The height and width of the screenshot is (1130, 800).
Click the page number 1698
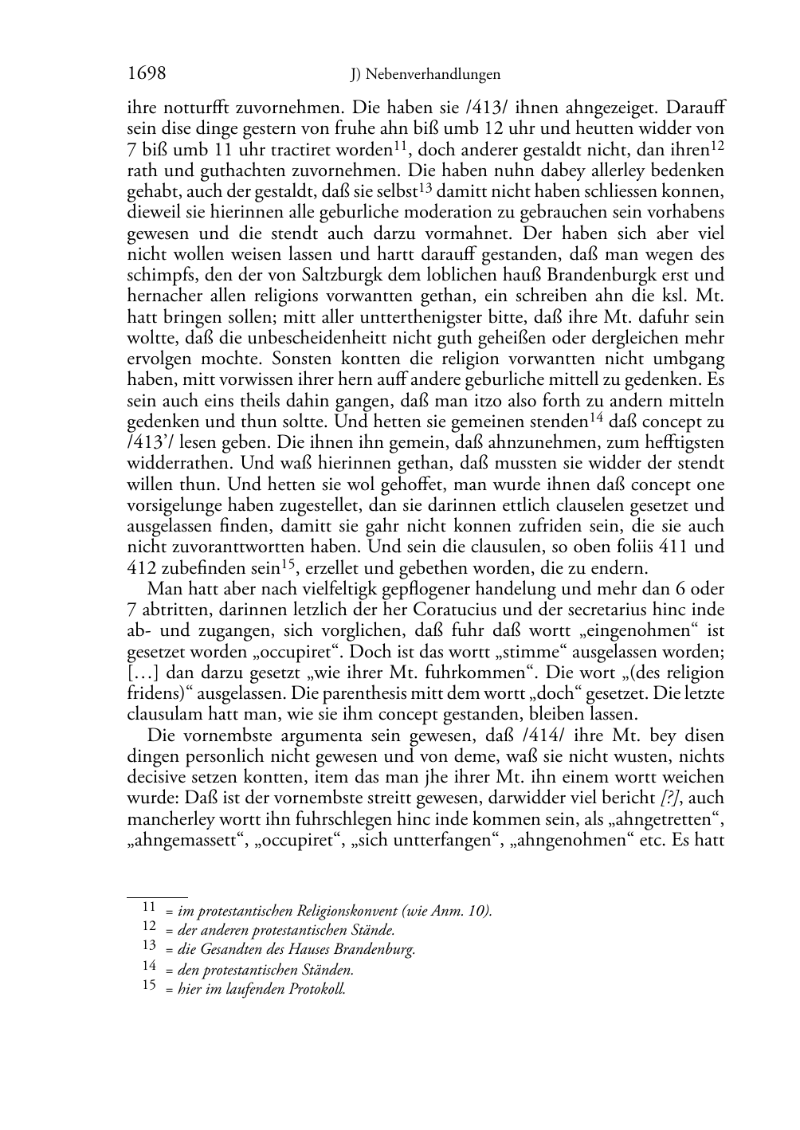coord(146,74)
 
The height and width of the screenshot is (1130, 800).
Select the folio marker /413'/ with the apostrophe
coord(148,442)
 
